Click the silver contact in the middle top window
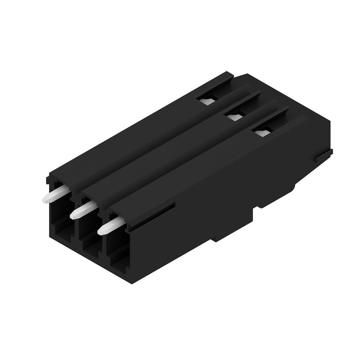234,117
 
